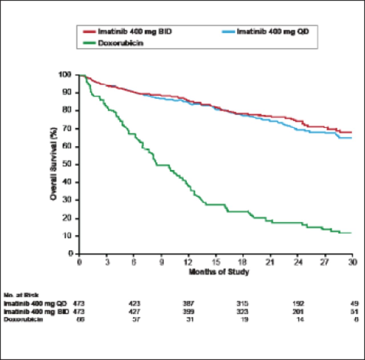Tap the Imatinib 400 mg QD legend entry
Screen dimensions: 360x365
[273, 31]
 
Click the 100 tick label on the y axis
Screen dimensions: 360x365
[65, 75]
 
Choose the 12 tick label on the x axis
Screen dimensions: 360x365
[188, 262]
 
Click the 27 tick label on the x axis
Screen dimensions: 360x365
[325, 262]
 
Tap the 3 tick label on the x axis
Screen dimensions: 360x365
[107, 262]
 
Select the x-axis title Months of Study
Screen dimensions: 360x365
[219, 272]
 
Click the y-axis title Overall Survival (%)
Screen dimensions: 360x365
[53, 164]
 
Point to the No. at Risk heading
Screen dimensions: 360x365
[21, 295]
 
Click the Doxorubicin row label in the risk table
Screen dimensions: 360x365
[23, 319]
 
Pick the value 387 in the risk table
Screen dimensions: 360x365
[188, 303]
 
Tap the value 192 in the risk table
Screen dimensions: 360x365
[298, 303]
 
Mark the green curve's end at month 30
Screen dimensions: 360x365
[352, 233]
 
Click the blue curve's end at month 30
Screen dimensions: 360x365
[352, 138]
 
